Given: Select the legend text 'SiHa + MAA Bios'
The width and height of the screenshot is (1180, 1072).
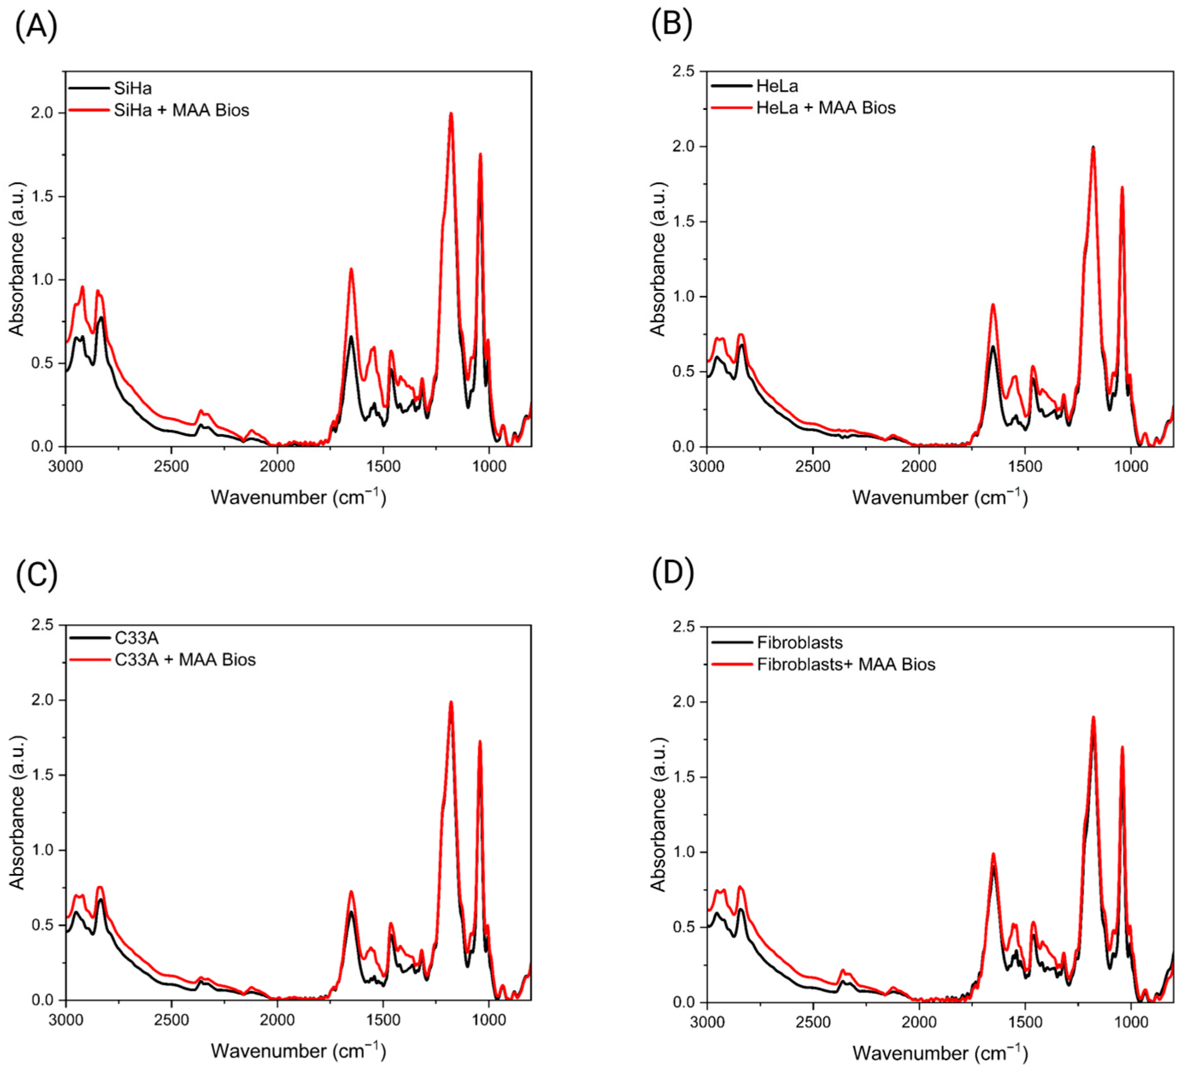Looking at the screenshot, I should pos(182,110).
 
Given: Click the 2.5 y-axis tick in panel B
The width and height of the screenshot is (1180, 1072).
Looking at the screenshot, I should pos(684,71).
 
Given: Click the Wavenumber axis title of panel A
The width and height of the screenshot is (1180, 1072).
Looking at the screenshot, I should pos(299,497).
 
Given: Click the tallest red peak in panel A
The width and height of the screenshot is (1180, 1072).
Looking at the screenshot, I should pos(451,114).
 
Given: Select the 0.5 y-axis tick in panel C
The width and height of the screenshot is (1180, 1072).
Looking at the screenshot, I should pos(42,925).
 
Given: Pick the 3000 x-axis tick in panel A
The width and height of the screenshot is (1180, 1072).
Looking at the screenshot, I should pos(66,466).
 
